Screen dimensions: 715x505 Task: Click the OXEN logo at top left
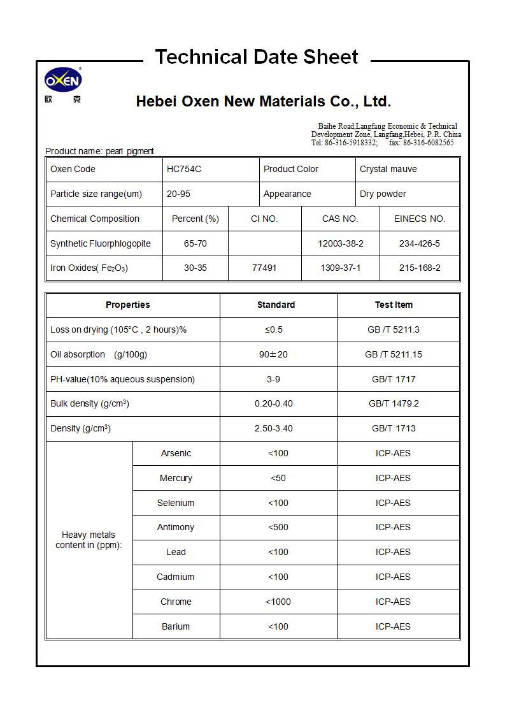pyautogui.click(x=62, y=80)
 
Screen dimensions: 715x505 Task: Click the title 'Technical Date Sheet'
pyautogui.click(x=257, y=57)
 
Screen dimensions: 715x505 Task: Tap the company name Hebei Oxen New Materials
pyautogui.click(x=263, y=101)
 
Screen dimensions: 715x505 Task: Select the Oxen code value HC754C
pyautogui.click(x=183, y=169)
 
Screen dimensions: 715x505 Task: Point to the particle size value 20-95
pyautogui.click(x=178, y=194)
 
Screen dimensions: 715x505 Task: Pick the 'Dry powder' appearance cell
pyautogui.click(x=383, y=194)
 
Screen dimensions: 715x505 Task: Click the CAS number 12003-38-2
pyautogui.click(x=340, y=243)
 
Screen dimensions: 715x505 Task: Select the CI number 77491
pyautogui.click(x=264, y=268)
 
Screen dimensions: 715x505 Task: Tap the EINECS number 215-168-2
pyautogui.click(x=419, y=268)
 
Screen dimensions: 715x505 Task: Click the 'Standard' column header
pyautogui.click(x=276, y=305)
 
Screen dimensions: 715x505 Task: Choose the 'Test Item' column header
pyautogui.click(x=394, y=305)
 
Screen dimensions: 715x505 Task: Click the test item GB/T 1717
pyautogui.click(x=394, y=379)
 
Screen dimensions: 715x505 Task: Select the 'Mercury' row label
pyautogui.click(x=176, y=478)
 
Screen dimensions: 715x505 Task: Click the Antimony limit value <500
pyautogui.click(x=278, y=527)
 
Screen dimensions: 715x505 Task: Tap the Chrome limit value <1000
pyautogui.click(x=278, y=602)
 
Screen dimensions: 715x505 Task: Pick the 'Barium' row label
pyautogui.click(x=176, y=626)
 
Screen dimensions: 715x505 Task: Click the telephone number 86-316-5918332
pyautogui.click(x=351, y=143)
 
